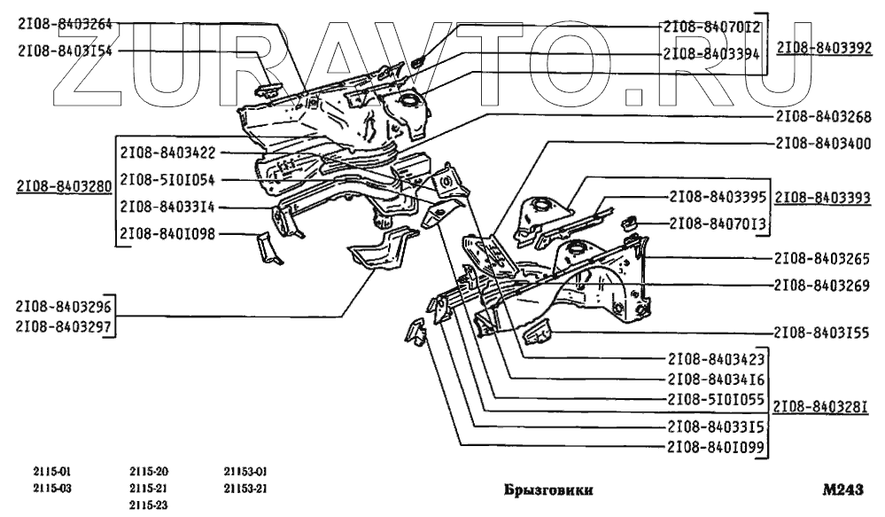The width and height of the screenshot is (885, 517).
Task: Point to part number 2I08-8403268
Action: point(822,116)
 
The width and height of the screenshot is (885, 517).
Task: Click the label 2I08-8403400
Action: point(822,143)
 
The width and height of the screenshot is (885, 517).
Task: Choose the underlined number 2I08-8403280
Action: point(64,187)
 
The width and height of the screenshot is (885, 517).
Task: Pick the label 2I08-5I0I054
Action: point(167,179)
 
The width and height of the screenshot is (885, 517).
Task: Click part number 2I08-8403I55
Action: point(822,333)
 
